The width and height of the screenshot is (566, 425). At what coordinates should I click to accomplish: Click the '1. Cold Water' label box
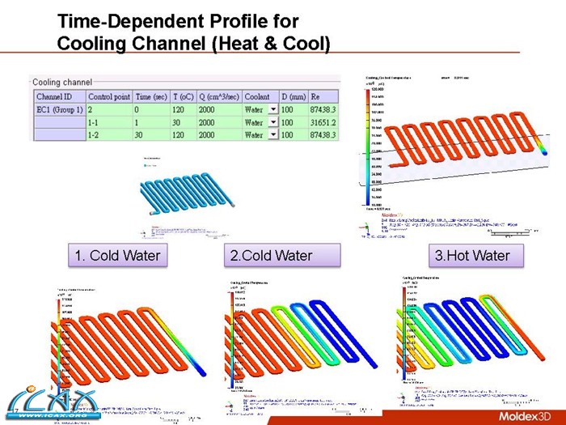[x=116, y=256]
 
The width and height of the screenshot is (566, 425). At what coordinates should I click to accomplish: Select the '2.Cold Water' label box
[x=272, y=256]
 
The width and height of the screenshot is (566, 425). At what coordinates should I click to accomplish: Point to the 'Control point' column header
[x=109, y=96]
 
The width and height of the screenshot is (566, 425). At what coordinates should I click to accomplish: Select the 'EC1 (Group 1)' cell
[x=57, y=109]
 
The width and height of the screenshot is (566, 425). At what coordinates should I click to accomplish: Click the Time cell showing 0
[x=137, y=109]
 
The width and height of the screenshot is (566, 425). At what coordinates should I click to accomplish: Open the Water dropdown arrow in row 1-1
[x=272, y=122]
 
